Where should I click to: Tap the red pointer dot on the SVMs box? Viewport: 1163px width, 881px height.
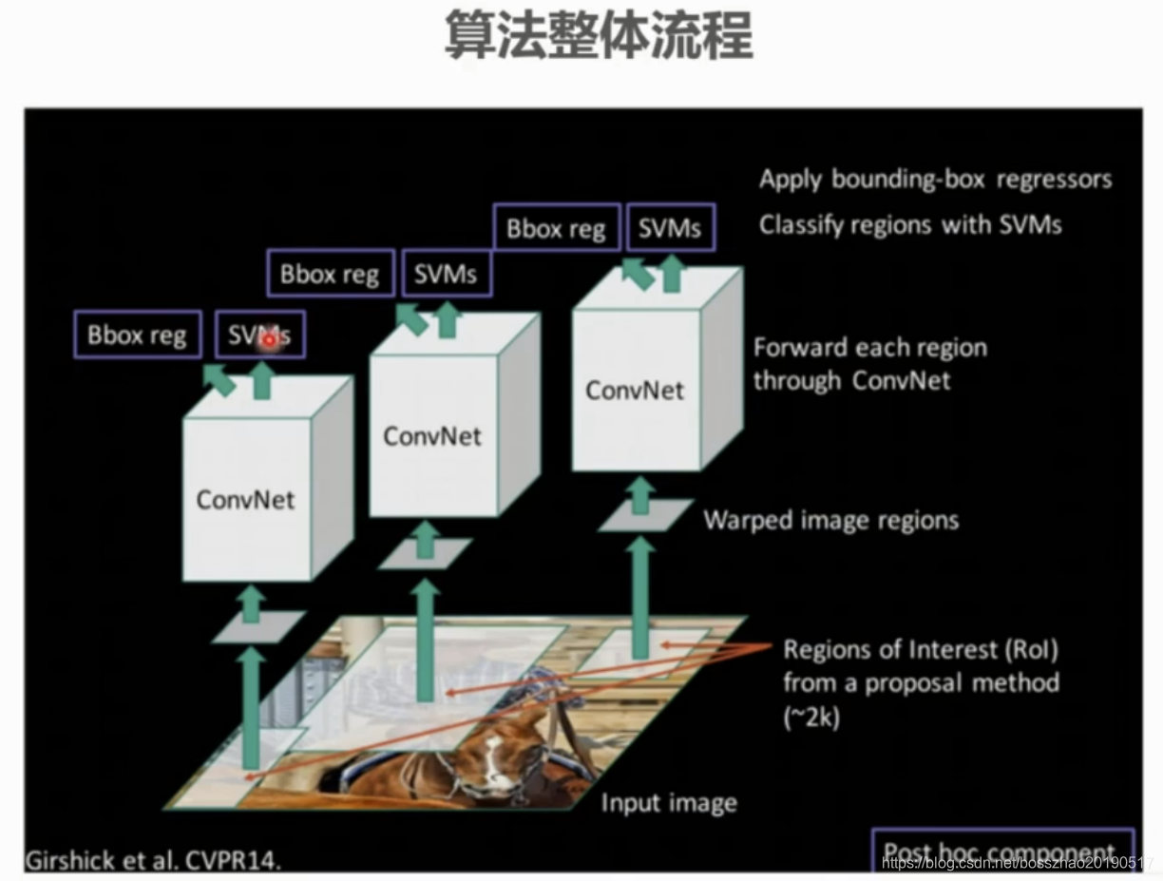click(x=269, y=338)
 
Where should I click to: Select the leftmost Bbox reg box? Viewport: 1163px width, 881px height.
click(x=138, y=335)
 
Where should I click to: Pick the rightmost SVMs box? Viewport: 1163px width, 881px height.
click(x=670, y=229)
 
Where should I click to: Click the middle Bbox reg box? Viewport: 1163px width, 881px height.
click(x=330, y=276)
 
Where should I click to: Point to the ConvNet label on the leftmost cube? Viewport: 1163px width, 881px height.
click(x=245, y=500)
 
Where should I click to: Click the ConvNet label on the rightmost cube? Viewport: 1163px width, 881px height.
click(x=634, y=390)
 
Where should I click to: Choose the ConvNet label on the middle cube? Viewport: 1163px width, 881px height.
click(x=432, y=436)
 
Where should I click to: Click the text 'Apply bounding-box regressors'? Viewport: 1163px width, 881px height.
click(x=935, y=180)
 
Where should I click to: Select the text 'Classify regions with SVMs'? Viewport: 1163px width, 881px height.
click(x=910, y=225)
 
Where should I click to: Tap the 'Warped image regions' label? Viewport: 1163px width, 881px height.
click(x=830, y=521)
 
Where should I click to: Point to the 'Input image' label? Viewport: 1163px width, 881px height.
click(x=669, y=803)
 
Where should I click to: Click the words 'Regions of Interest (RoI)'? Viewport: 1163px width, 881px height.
click(x=920, y=651)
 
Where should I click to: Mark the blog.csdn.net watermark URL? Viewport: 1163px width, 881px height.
click(x=1016, y=863)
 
